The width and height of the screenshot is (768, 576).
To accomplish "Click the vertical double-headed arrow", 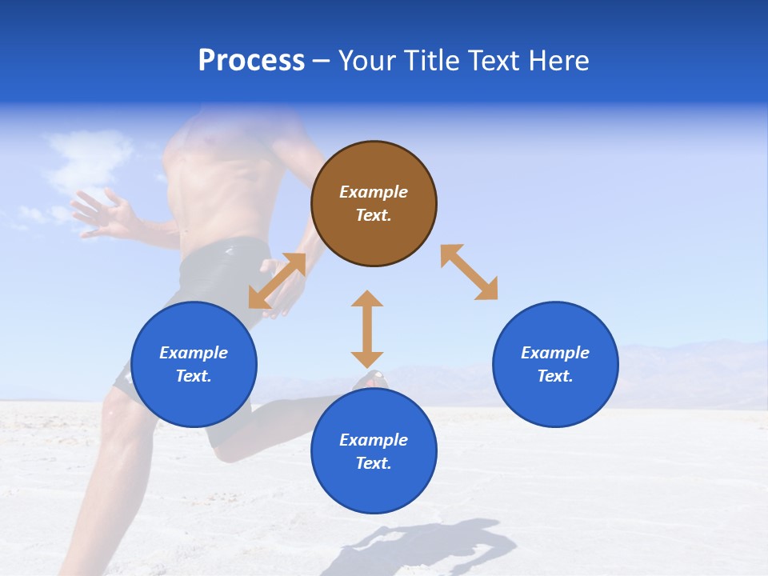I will click(367, 330).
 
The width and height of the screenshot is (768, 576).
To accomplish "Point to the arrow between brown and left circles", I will click(277, 281).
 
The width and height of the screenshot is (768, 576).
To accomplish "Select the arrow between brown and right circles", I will click(469, 273).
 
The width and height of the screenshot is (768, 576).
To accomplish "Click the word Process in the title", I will click(251, 61).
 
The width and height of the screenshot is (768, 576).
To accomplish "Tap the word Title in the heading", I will click(431, 61).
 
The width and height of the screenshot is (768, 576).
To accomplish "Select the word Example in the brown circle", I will click(374, 192).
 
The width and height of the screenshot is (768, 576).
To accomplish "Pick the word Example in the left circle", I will click(194, 353).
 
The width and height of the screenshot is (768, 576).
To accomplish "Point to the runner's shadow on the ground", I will click(432, 548).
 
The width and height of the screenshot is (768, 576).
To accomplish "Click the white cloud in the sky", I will click(88, 156).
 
